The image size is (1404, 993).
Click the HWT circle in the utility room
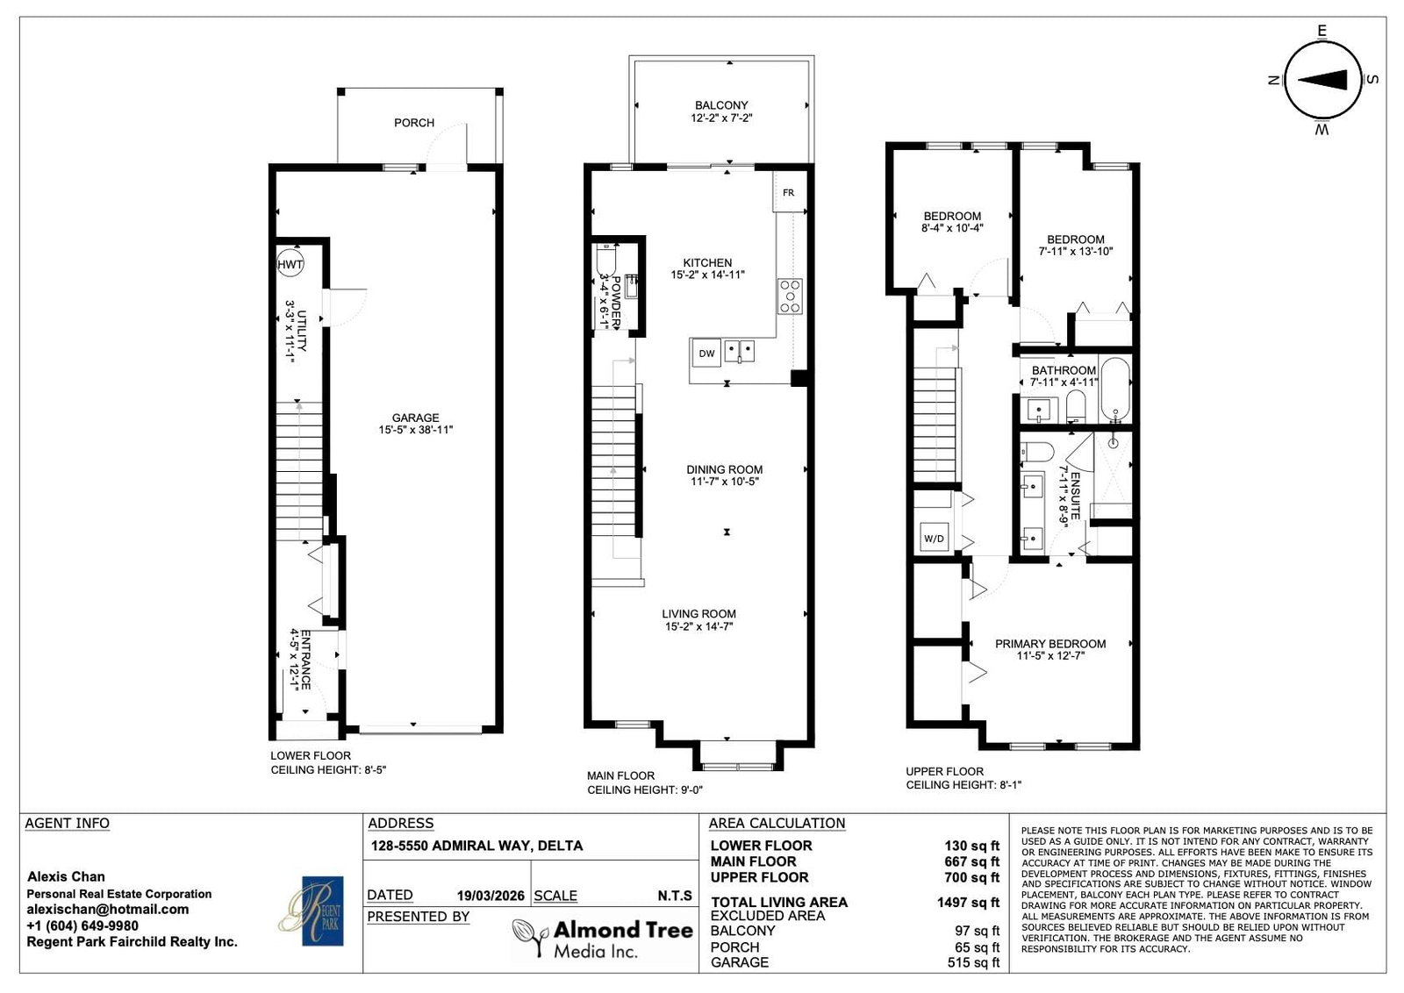click(290, 264)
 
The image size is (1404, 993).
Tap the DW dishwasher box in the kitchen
click(706, 354)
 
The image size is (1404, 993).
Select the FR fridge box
click(789, 192)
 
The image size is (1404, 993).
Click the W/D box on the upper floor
click(934, 538)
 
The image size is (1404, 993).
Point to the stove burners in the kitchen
click(791, 296)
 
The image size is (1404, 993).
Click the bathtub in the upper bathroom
click(1115, 390)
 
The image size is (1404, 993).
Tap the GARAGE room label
click(416, 418)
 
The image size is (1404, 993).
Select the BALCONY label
click(721, 105)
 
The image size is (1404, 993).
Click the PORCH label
click(414, 123)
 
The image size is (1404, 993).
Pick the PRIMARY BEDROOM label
click(1050, 643)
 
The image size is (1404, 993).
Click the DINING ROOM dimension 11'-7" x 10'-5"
click(725, 482)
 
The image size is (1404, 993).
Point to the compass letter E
click(1322, 31)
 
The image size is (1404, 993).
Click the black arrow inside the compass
click(1322, 80)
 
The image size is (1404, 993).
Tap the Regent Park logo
click(312, 911)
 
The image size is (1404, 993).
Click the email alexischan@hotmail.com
click(107, 909)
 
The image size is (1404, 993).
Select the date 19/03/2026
click(491, 896)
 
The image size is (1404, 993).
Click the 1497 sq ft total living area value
click(969, 902)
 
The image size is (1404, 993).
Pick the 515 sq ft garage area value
click(973, 962)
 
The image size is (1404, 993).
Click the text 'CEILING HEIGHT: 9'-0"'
click(645, 790)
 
